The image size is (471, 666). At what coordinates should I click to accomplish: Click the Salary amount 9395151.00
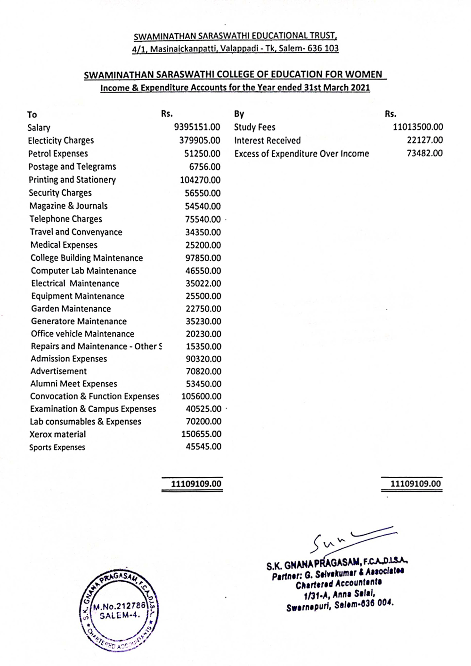coord(197,127)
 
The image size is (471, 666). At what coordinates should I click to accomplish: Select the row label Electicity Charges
coord(61,140)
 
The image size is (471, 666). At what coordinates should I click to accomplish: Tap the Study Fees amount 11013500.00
coord(418,127)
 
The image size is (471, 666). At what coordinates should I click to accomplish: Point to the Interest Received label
coord(267,140)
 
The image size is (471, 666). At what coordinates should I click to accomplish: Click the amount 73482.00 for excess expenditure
coord(424,153)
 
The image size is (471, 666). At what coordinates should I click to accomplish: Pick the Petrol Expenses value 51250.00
coord(202,153)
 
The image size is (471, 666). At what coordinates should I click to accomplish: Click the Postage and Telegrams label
coord(72,167)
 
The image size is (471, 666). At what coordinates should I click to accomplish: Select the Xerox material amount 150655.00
coord(201,434)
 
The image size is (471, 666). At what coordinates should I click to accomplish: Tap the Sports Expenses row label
coord(57,447)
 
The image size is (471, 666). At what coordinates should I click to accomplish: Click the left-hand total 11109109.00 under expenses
coord(196,484)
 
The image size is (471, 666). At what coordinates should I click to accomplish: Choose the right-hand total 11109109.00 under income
coord(415,484)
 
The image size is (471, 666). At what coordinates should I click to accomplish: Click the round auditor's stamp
coord(118,610)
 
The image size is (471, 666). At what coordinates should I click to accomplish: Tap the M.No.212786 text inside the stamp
coord(119,607)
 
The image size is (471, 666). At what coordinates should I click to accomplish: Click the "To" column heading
coord(32,114)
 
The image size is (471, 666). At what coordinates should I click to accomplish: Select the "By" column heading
coord(239,114)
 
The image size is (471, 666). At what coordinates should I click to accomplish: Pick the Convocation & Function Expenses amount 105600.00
coord(201,396)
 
